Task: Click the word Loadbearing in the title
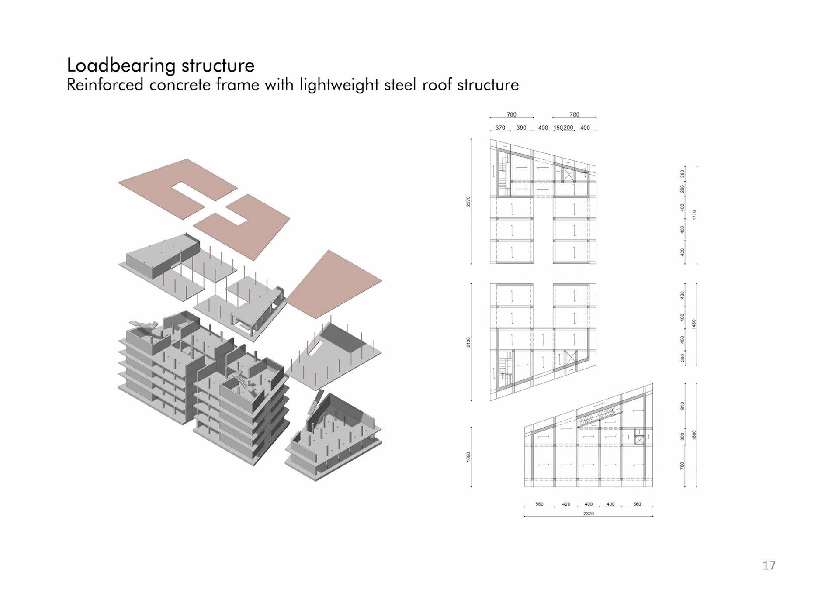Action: click(x=121, y=66)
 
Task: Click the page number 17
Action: click(x=769, y=565)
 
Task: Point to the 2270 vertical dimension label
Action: click(x=468, y=201)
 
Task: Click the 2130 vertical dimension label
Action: click(x=468, y=342)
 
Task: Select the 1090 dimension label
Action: click(x=468, y=457)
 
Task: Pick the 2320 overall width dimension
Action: click(x=588, y=514)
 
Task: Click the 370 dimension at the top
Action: click(x=500, y=128)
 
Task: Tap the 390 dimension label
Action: click(x=521, y=128)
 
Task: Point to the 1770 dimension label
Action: click(x=694, y=215)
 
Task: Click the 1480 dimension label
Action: click(x=694, y=324)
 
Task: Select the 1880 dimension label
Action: click(x=694, y=435)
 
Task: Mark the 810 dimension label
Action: click(x=682, y=406)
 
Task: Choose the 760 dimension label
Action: click(x=682, y=466)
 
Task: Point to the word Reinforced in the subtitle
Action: click(x=105, y=85)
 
